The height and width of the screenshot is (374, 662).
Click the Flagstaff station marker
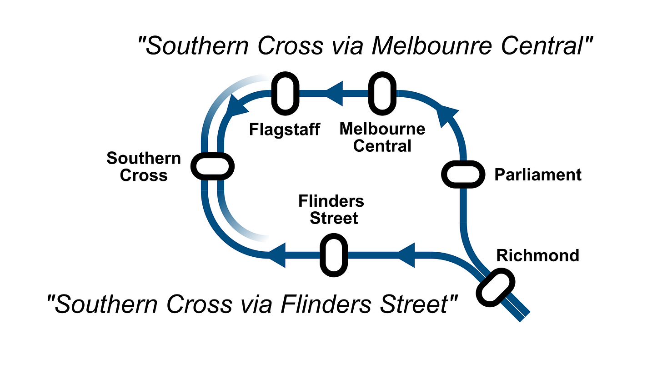[285, 93]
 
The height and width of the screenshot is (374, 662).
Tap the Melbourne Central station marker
[382, 93]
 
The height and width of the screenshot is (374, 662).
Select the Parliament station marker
[463, 175]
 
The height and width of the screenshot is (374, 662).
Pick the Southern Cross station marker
[212, 166]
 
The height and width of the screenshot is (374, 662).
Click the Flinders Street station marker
[334, 255]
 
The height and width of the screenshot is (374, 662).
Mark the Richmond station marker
[496, 288]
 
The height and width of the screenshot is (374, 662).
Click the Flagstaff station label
[285, 129]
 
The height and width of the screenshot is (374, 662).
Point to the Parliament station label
[538, 175]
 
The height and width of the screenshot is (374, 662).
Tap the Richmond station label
[537, 255]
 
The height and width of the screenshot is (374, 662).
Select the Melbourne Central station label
[382, 137]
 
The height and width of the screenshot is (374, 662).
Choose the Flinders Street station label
[331, 209]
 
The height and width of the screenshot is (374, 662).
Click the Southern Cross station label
[144, 167]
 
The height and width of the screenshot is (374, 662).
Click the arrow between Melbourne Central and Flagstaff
[334, 93]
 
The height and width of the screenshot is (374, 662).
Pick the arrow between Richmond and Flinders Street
[406, 255]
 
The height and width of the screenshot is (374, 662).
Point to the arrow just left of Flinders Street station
[277, 255]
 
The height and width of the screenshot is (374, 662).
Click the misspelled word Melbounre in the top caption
[432, 46]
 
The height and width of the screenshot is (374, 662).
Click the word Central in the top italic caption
[542, 46]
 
